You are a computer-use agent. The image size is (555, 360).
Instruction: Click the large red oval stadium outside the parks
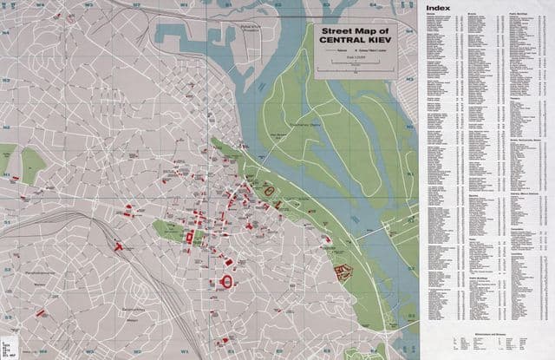point(228,280)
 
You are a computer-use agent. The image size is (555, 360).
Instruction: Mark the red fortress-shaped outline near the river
point(343,272)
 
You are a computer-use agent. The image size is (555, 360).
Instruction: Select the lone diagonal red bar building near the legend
point(40,311)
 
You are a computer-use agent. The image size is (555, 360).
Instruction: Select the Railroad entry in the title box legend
point(331,53)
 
